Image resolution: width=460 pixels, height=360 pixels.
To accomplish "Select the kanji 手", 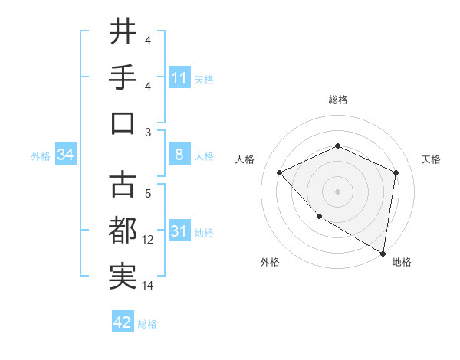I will tap(123, 77).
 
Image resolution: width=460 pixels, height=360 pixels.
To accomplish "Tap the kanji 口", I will tap(123, 123).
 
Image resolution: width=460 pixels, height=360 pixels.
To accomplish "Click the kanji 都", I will tap(123, 230).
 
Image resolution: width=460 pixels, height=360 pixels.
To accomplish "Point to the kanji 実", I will tap(123, 276).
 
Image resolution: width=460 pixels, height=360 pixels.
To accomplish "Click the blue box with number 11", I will tap(179, 78).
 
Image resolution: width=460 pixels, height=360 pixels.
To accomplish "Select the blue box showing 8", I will tap(179, 155).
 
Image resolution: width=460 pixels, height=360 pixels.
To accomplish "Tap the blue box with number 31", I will tap(179, 231).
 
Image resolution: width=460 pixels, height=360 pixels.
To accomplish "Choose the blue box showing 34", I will tap(65, 155).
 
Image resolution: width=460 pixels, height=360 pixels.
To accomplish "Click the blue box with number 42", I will tap(123, 322).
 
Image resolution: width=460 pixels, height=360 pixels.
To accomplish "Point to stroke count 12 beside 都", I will tap(148, 240).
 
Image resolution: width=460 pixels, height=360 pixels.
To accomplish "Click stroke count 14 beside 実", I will tap(148, 286).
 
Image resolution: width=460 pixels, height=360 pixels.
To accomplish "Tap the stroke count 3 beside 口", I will tap(147, 133).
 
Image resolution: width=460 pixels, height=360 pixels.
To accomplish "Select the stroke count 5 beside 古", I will tap(147, 194).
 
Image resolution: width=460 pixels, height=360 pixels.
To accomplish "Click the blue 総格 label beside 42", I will tap(147, 323).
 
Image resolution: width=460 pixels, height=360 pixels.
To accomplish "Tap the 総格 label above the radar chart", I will tap(337, 100).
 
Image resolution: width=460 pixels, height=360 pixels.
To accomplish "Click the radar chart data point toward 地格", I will tap(383, 253).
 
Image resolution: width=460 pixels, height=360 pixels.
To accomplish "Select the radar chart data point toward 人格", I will tap(280, 172).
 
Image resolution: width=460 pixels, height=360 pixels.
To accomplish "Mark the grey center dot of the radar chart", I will tap(337, 191).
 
